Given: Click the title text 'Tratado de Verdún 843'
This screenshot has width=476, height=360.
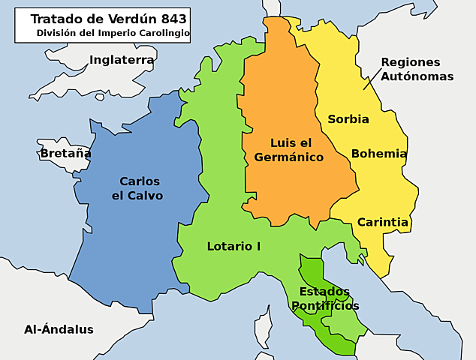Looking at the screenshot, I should point(109,19).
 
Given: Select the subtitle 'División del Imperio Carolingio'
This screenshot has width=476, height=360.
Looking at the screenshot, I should point(113,34).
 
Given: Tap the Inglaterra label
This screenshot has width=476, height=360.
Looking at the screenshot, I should point(122,60).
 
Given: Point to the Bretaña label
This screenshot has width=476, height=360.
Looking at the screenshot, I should point(65,153).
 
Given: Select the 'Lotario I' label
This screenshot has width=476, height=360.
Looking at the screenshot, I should point(233,246).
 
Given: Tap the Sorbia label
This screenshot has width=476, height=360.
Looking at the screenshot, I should point(348,119).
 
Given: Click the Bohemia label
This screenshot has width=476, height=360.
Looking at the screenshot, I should point(378,154).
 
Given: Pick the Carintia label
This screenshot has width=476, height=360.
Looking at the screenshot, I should point(382,222).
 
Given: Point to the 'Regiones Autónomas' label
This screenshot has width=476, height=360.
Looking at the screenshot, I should point(410,69).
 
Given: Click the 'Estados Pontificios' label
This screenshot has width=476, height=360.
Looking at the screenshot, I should point(324,298).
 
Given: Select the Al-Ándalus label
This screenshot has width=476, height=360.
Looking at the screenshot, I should point(59,329).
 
